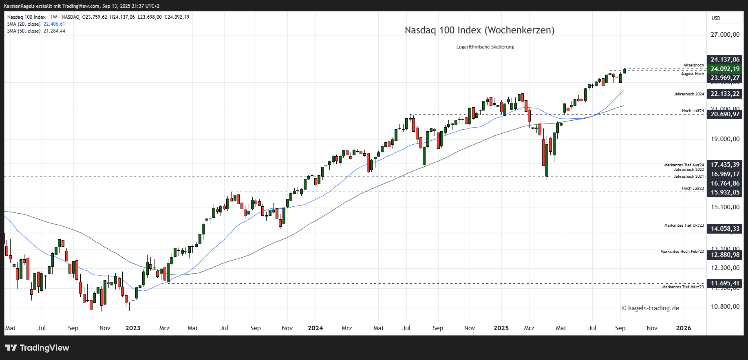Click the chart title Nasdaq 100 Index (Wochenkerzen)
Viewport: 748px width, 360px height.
pyautogui.click(x=479, y=30)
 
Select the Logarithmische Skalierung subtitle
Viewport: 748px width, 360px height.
pyautogui.click(x=485, y=47)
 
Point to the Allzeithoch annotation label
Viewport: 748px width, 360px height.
pyautogui.click(x=693, y=65)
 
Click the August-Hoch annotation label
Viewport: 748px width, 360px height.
pyautogui.click(x=692, y=74)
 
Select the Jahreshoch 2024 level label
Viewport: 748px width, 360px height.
pyautogui.click(x=688, y=94)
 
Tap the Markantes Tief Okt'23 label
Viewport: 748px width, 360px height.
pyautogui.click(x=684, y=225)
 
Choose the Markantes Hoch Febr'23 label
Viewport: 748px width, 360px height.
pyautogui.click(x=682, y=252)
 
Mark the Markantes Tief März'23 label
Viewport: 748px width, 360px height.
pyautogui.click(x=683, y=287)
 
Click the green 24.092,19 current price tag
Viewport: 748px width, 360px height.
pyautogui.click(x=725, y=69)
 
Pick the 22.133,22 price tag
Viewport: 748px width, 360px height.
pyautogui.click(x=725, y=94)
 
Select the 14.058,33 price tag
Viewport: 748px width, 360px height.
pyautogui.click(x=725, y=229)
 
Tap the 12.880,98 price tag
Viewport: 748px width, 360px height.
pyautogui.click(x=725, y=255)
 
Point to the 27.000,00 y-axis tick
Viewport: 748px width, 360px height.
pyautogui.click(x=725, y=35)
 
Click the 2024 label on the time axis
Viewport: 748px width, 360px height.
pyautogui.click(x=315, y=328)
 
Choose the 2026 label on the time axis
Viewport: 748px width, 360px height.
pyautogui.click(x=683, y=328)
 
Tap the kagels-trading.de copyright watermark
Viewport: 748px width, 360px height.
pyautogui.click(x=650, y=308)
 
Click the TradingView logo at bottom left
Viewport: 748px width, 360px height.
pyautogui.click(x=37, y=348)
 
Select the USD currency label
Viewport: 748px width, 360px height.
pyautogui.click(x=716, y=18)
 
